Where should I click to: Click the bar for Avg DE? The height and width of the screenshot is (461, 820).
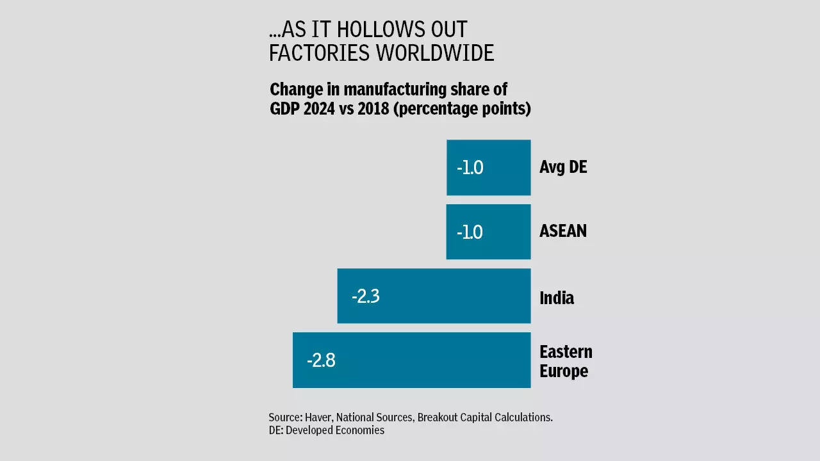point(489,167)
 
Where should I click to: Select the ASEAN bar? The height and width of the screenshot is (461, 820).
point(489,232)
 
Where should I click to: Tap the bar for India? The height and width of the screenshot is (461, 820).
point(434,296)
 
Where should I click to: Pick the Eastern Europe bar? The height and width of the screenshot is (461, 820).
point(412,360)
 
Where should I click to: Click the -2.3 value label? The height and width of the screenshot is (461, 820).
point(366,296)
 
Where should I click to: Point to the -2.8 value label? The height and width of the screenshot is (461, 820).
point(321,360)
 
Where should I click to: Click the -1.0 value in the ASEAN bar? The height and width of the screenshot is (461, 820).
point(470,232)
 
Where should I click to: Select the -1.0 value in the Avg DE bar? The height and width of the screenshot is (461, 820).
point(470,168)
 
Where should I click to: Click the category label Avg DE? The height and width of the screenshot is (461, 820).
point(563,167)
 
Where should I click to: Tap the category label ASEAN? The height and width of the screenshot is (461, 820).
point(563,231)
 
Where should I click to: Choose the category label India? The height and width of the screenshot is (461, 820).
point(557,298)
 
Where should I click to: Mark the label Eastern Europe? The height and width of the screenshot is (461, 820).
point(566,361)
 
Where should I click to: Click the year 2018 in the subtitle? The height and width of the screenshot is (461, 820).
point(373,109)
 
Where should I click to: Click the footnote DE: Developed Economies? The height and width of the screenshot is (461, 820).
point(327,430)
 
